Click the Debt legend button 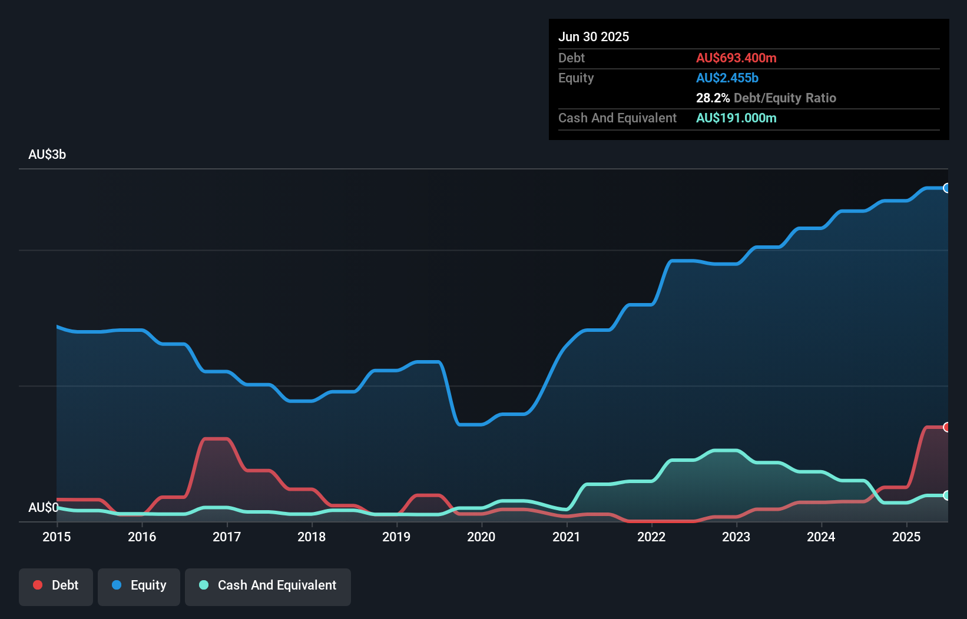56,586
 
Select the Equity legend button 139,586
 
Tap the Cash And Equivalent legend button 268,586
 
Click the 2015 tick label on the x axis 57,537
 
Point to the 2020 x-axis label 481,537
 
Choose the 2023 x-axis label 736,537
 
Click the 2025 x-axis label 906,537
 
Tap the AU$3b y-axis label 47,155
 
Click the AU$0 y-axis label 43,507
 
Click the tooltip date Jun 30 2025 594,36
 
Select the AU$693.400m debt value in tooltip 736,58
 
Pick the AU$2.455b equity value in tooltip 727,78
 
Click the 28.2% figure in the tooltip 713,98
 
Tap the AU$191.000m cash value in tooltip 736,118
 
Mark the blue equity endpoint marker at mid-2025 946,188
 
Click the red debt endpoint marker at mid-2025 946,427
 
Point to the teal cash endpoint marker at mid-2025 946,495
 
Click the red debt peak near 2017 215,439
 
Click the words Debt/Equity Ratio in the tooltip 784,98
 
